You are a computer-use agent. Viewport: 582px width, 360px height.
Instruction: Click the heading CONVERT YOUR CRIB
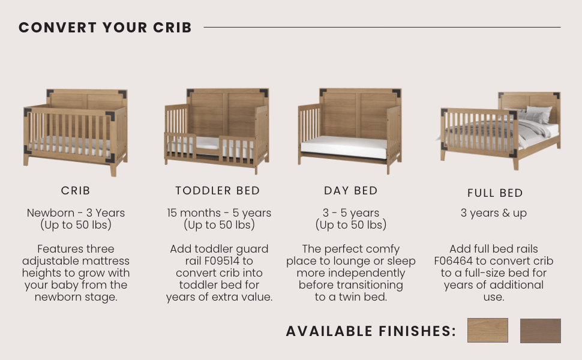(105, 28)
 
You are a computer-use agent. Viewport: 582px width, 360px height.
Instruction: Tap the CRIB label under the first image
(76, 191)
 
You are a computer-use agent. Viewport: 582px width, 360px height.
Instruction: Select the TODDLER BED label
(218, 191)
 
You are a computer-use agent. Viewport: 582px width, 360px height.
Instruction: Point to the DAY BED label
(351, 191)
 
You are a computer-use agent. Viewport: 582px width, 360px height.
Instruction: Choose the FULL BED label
(495, 193)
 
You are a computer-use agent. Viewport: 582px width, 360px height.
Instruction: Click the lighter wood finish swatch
(487, 331)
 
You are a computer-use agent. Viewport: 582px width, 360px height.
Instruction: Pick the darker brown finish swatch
(540, 331)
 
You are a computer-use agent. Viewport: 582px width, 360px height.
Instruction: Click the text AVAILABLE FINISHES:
(371, 331)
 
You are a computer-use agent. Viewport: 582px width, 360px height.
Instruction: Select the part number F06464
(455, 261)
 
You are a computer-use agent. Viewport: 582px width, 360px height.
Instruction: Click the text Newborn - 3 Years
(76, 213)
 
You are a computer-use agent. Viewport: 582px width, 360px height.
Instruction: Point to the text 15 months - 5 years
(219, 213)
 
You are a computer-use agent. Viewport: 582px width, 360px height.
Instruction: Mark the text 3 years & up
(494, 213)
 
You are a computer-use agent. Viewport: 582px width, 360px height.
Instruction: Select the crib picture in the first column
(76, 132)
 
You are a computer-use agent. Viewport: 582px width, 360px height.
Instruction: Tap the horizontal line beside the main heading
(382, 27)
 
